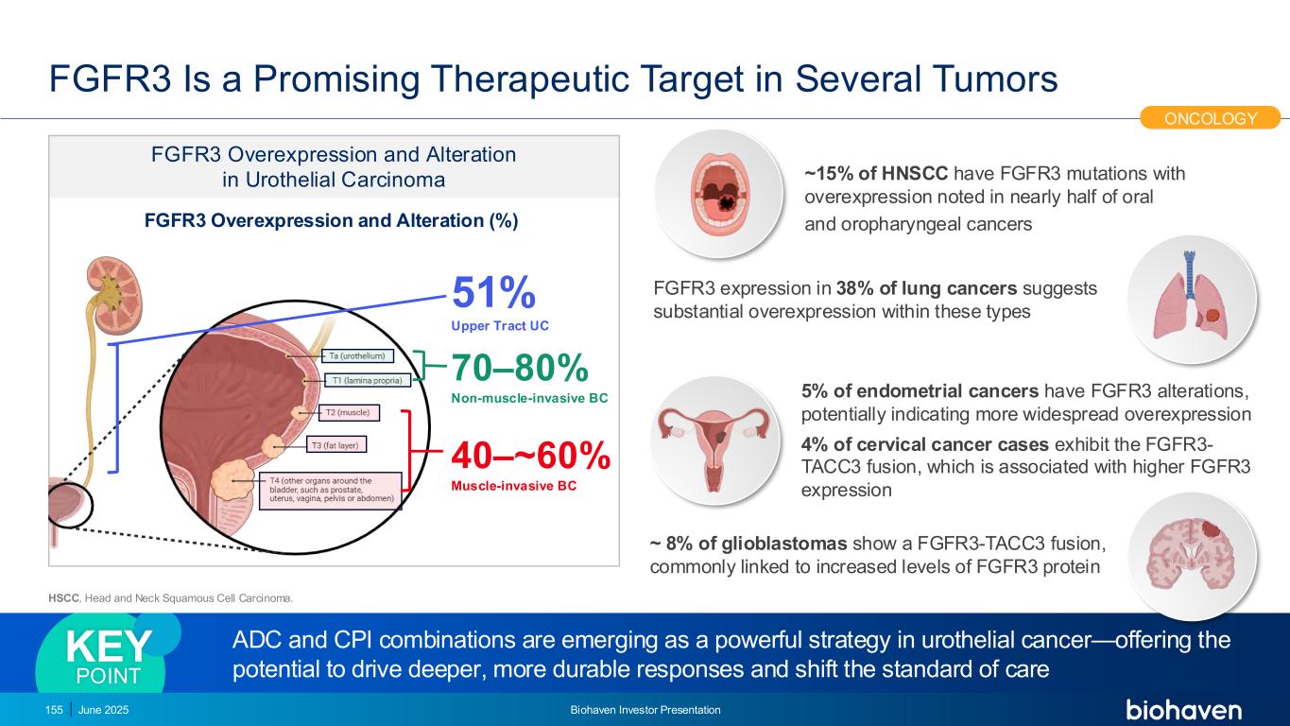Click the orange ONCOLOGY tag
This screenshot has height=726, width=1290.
[1210, 118]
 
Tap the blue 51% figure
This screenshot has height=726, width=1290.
[493, 293]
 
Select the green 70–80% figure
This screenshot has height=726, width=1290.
[520, 367]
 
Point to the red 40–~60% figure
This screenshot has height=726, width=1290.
[530, 456]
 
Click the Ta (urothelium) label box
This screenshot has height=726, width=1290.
[357, 356]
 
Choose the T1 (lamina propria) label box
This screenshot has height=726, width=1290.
[368, 380]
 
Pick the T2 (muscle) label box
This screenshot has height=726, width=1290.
[349, 412]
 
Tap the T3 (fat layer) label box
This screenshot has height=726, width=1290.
[335, 445]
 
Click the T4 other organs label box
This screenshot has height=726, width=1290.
[331, 491]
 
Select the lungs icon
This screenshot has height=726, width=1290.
[1191, 299]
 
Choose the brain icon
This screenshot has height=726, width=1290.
[1192, 555]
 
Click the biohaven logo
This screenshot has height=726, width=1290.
[1183, 709]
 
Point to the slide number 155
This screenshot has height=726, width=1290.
[54, 710]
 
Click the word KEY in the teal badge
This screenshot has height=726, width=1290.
[109, 647]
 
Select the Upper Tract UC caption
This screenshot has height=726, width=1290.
[500, 326]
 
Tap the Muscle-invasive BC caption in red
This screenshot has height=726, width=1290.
[514, 486]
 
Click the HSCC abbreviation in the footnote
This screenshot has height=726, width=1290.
[64, 598]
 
